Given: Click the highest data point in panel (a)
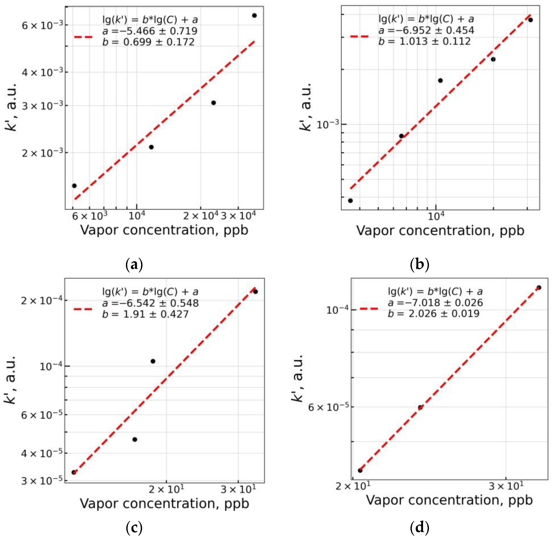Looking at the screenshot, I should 254,16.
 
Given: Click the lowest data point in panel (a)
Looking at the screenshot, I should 74,186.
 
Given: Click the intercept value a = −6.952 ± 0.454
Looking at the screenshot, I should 426,30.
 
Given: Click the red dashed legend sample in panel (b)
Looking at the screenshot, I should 359,36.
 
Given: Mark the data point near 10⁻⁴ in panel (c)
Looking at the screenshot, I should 153,361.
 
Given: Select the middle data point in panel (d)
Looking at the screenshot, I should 420,408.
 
